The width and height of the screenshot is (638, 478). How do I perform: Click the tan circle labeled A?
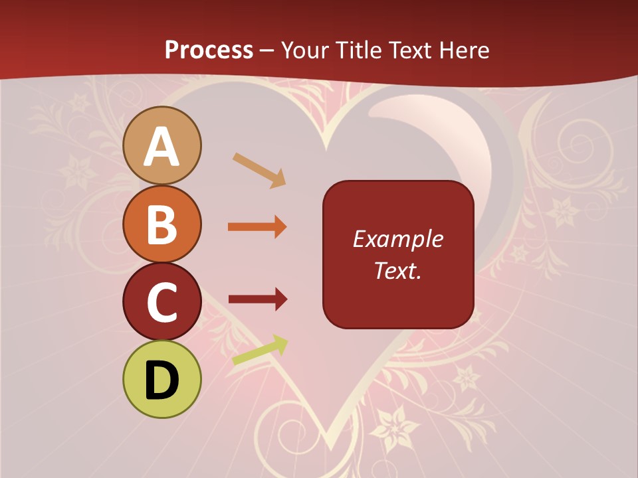(162, 145)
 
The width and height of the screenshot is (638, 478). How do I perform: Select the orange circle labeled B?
(162, 224)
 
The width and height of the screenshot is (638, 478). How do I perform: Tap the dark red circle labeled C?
(162, 302)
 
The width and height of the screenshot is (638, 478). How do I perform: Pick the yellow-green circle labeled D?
(162, 379)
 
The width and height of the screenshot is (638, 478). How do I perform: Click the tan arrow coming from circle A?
(259, 170)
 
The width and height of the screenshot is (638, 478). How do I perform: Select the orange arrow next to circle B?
(257, 227)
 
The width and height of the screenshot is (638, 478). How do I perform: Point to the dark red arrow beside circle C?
(257, 299)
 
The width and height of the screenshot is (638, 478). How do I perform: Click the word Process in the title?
(209, 50)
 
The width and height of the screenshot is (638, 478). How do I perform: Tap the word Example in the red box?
(397, 240)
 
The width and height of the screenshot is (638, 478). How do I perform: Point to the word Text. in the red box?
(397, 270)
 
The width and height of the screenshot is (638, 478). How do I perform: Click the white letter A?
(162, 147)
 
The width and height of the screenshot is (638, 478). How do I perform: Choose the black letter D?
(162, 380)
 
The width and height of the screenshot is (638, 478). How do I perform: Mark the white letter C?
(162, 303)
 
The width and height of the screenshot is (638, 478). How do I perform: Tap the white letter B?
(162, 224)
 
